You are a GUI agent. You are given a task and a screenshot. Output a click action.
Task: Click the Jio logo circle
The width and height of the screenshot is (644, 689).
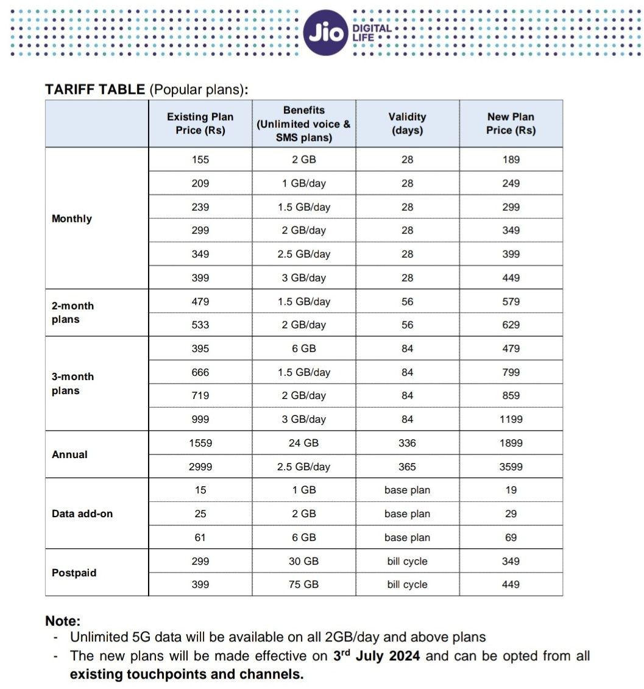coord(325,33)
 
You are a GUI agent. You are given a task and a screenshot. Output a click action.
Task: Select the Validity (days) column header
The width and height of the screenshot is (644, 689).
coord(407,124)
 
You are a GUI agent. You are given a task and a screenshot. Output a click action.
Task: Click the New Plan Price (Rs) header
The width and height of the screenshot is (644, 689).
coord(511,124)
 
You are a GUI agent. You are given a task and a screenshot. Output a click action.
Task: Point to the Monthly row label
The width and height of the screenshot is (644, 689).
coord(72,219)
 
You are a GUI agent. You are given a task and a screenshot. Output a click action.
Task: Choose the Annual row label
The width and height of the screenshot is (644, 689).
coord(69,454)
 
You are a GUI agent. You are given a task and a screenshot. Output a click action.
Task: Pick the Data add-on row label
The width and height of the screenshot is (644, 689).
coord(82,514)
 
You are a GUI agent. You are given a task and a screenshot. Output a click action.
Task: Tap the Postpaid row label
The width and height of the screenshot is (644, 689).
coord(74,573)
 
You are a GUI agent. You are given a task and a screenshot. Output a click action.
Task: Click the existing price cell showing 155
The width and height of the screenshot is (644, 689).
coord(200,160)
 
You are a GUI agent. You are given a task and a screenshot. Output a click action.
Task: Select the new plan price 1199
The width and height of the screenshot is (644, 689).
coord(511,419)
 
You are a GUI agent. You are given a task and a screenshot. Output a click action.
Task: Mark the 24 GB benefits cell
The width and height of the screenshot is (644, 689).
coord(303,443)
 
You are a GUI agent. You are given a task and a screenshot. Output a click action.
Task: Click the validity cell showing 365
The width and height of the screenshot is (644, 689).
coord(407,467)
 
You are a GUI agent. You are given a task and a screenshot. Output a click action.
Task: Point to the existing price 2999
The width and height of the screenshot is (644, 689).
coord(200,467)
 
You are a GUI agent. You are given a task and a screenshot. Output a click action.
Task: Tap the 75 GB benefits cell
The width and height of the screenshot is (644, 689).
coord(303,584)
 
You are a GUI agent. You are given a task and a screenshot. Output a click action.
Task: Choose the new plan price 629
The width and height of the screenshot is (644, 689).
coord(511,325)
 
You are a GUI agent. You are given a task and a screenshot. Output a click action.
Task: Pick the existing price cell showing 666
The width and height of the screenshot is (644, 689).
coord(200,372)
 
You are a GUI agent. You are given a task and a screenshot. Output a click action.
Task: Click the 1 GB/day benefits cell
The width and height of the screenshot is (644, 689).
coord(303,183)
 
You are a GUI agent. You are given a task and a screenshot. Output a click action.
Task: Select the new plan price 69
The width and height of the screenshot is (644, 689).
coord(511,537)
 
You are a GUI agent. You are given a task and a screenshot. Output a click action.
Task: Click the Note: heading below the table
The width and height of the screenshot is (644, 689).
coord(63,621)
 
